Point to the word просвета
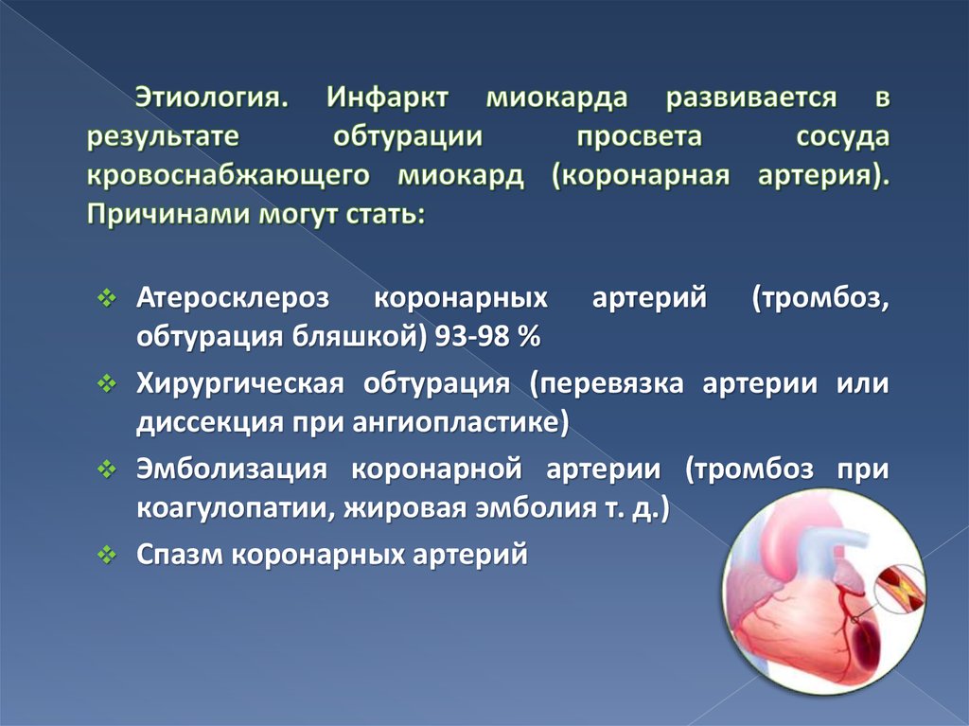coord(639,137)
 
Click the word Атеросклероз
coord(232,299)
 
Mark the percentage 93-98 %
coord(485,337)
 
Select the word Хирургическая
coord(238,385)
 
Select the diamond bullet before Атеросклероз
coord(107,299)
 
